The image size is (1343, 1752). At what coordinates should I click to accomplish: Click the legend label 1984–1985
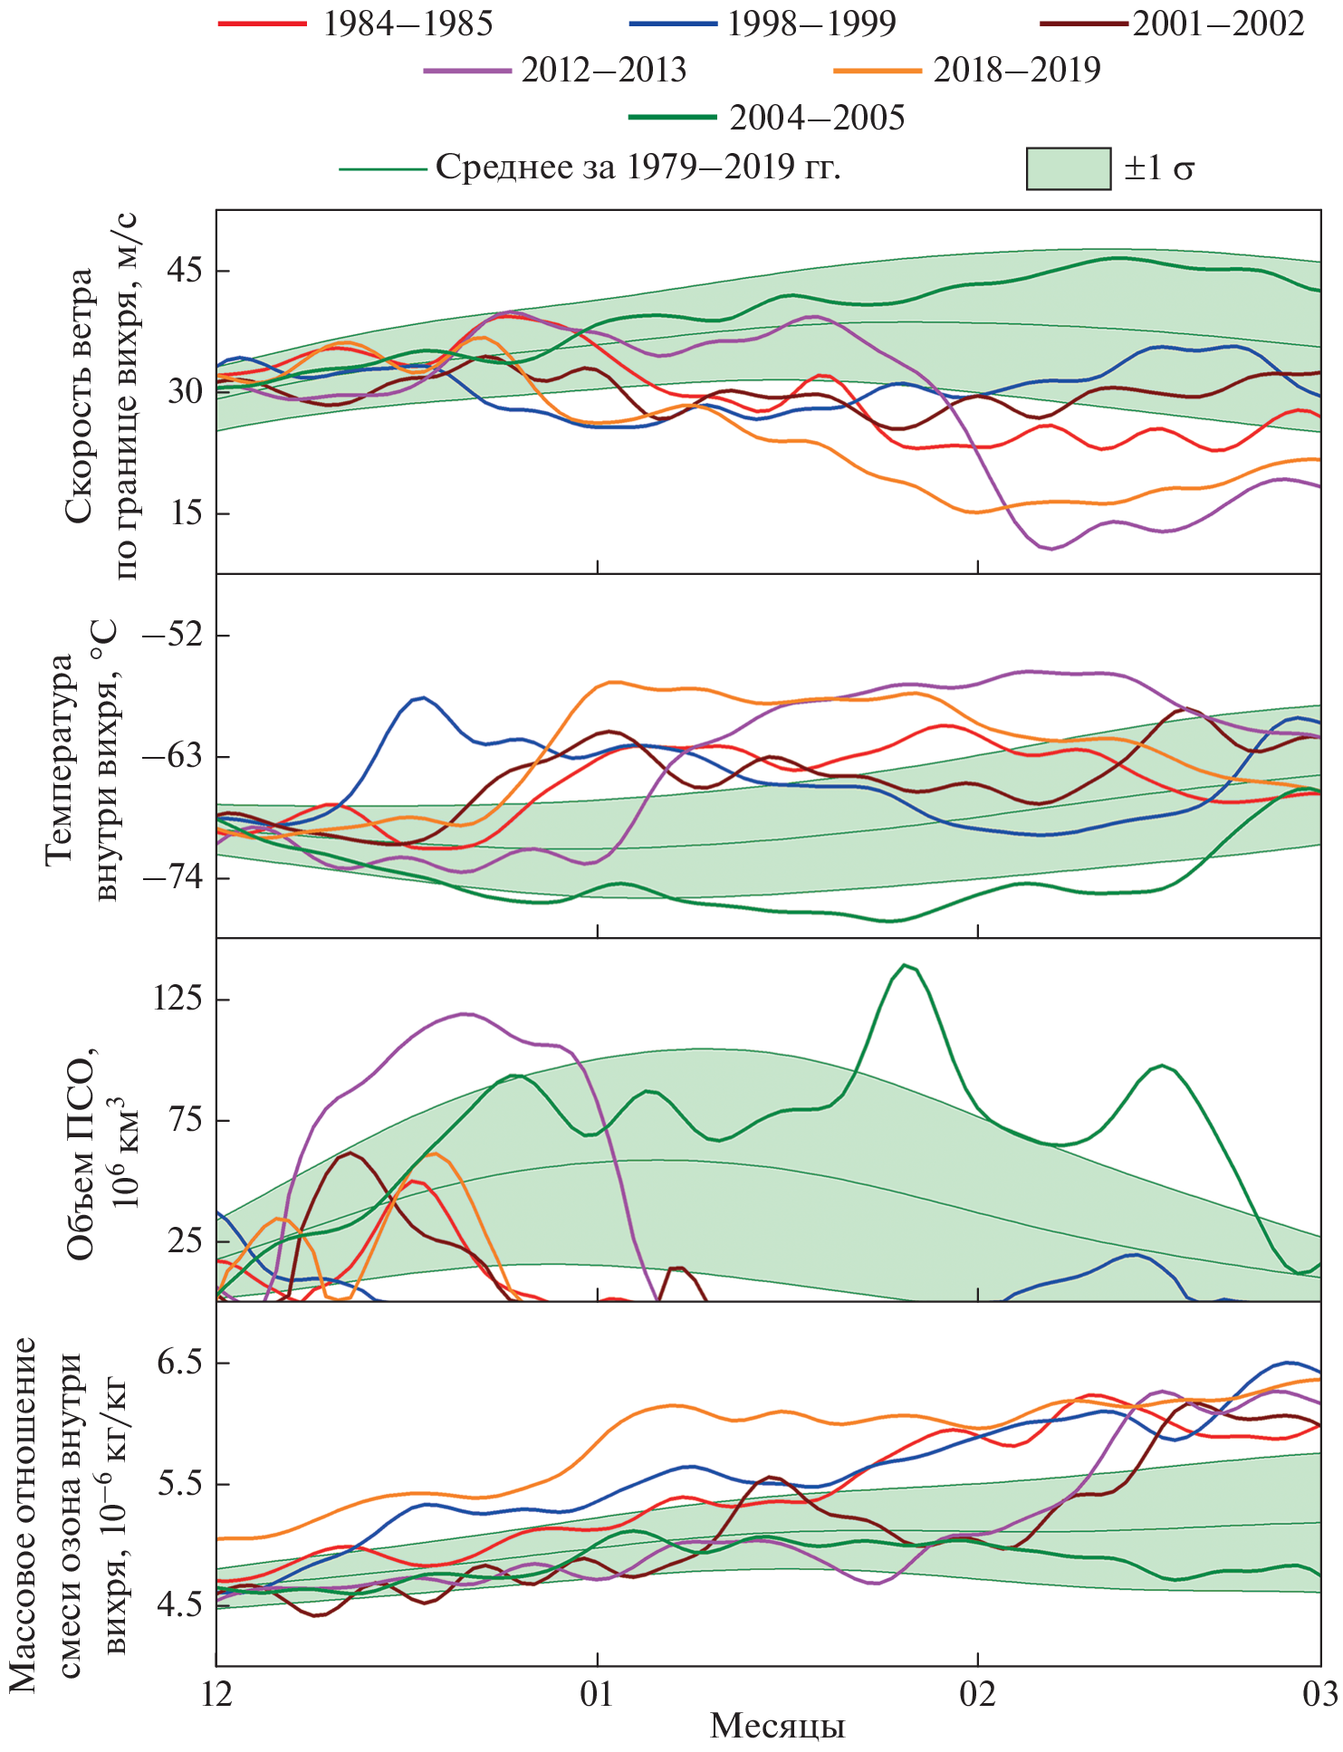tap(408, 24)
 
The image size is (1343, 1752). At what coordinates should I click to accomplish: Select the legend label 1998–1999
tap(811, 24)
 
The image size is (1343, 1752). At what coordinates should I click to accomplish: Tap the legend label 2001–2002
tap(1219, 24)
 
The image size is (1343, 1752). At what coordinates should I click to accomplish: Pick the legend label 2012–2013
tap(604, 71)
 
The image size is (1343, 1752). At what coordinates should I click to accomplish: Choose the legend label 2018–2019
tap(1017, 71)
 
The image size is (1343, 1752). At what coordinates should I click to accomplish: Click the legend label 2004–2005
tap(817, 118)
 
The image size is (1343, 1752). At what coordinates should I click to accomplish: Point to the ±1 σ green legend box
tap(1069, 168)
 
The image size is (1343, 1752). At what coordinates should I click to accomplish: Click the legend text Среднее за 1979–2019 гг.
tap(638, 168)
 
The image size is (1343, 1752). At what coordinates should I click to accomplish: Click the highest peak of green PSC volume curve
tap(904, 965)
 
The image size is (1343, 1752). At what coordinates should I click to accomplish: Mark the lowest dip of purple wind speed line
tap(1050, 549)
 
